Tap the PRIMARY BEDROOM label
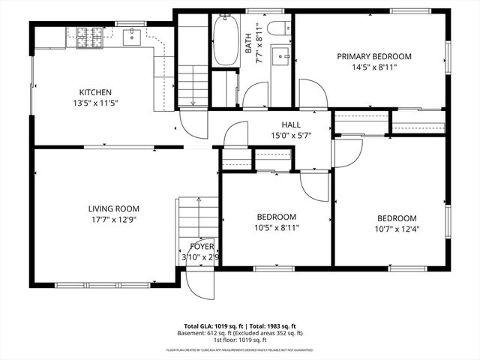click(373, 56)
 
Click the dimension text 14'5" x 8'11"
click(373, 67)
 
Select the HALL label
click(291, 125)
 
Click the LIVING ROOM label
click(113, 209)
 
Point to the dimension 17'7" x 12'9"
click(113, 220)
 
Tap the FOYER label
click(201, 246)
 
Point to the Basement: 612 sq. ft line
click(240, 333)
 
